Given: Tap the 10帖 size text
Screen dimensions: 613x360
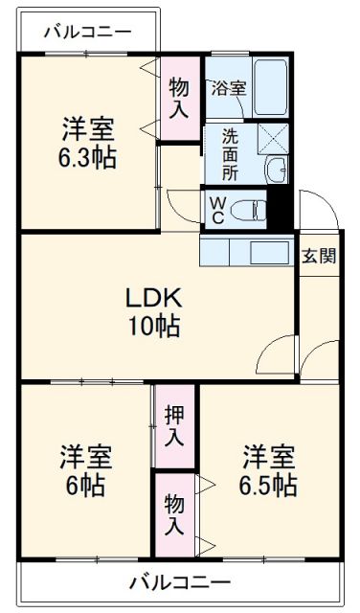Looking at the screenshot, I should tap(152, 326).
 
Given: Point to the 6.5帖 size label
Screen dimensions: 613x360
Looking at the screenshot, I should tap(267, 485).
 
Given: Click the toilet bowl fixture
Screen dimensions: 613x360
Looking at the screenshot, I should tap(251, 210).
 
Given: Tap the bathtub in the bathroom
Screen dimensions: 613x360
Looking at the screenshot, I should tap(267, 87).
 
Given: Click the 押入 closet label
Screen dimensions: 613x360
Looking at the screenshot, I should tap(174, 426).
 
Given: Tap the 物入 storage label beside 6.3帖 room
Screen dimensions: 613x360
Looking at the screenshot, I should tap(178, 98).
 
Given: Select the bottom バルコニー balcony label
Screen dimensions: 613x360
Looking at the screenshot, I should tap(179, 581).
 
